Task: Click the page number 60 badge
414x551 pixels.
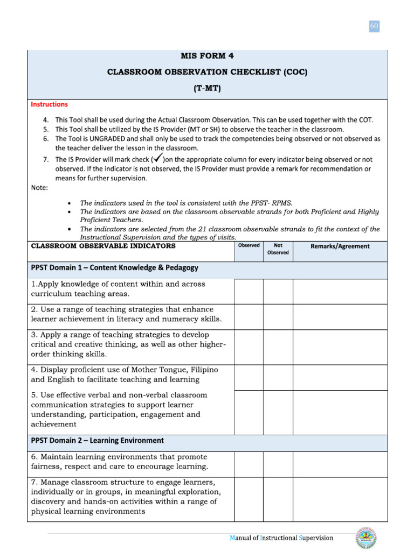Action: (x=374, y=26)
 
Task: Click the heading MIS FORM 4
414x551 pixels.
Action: (x=207, y=55)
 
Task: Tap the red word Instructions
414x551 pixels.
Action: (x=49, y=104)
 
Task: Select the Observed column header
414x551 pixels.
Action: (x=249, y=246)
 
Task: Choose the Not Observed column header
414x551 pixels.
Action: (x=278, y=249)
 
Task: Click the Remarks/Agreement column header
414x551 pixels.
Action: (x=340, y=246)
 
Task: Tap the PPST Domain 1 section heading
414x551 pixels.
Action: (x=114, y=267)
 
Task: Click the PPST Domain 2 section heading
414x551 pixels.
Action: (x=98, y=441)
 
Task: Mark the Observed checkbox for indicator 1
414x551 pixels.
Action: (x=249, y=291)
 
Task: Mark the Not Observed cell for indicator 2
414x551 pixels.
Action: (x=278, y=317)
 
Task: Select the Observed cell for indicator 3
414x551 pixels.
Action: (x=249, y=347)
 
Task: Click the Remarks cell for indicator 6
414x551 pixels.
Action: (x=340, y=464)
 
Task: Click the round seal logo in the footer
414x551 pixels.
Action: (x=366, y=538)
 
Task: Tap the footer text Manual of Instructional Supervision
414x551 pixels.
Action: (x=281, y=538)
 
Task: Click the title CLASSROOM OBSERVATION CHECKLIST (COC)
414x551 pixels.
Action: (x=207, y=73)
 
